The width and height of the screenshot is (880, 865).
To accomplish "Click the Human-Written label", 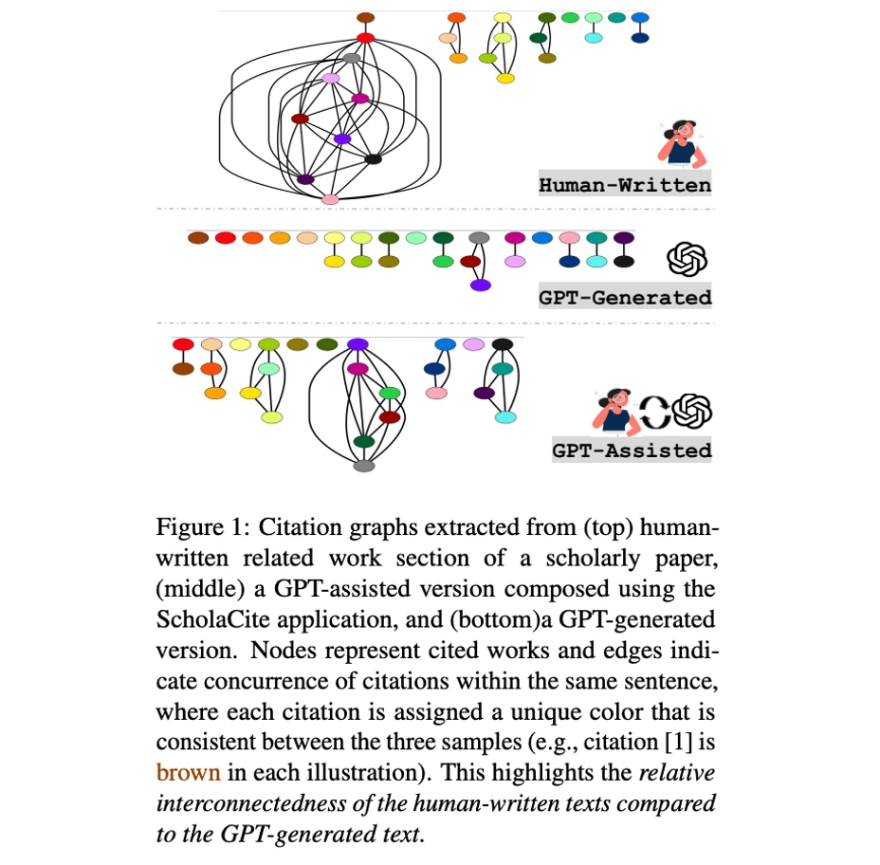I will (x=625, y=185).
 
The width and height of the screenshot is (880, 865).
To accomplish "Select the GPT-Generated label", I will (x=625, y=297).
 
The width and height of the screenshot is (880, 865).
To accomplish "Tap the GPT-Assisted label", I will (x=632, y=450).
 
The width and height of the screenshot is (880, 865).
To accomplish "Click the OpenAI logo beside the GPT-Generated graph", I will (x=688, y=258).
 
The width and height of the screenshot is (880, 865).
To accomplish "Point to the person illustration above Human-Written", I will (x=681, y=143).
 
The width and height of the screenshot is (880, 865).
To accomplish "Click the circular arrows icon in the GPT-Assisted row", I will (x=652, y=412).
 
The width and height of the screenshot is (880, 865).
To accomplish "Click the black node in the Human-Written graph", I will (x=373, y=158).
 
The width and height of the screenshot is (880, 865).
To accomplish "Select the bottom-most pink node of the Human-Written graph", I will (x=330, y=199).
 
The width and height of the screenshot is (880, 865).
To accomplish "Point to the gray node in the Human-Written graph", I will (x=352, y=59).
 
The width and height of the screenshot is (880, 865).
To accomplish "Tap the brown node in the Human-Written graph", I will (x=365, y=18).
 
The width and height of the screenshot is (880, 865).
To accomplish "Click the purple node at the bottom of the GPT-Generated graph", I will (x=481, y=285).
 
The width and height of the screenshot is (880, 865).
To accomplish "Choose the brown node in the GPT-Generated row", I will (x=197, y=238).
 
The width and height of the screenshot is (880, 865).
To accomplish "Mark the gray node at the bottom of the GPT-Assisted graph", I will (x=364, y=466).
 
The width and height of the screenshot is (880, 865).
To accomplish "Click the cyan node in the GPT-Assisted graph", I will (x=505, y=417).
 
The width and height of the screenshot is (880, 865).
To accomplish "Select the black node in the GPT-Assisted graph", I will (x=503, y=344).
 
